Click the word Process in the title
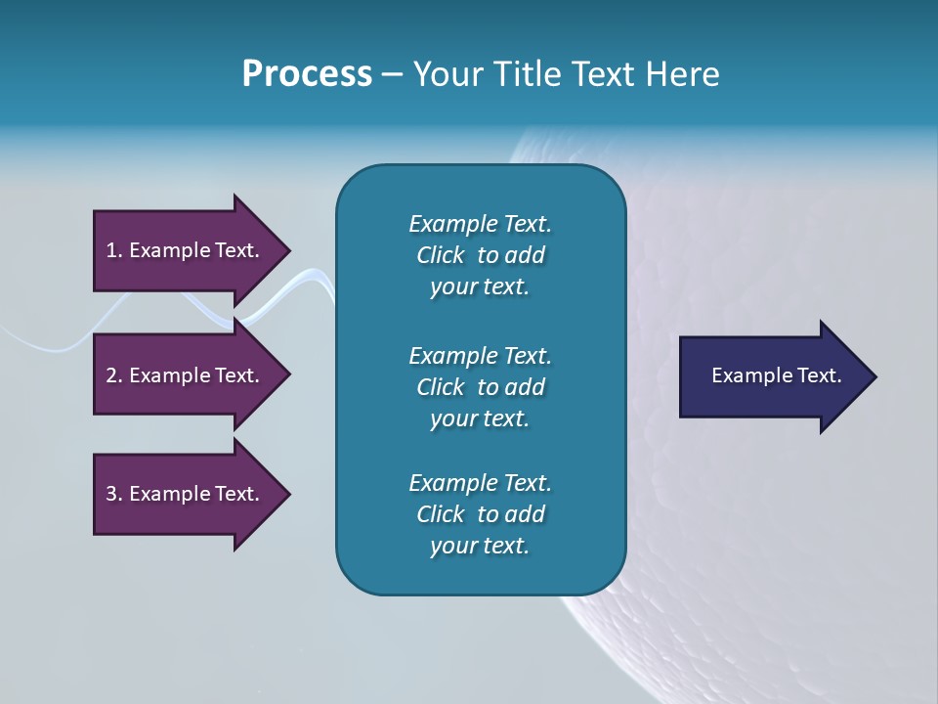pos(307,74)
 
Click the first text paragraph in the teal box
pos(480,255)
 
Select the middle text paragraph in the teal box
pos(480,386)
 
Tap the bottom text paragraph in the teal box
pos(480,514)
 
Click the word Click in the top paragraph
pos(441,255)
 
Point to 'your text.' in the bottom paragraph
pos(480,546)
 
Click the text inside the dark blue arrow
pos(776,375)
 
